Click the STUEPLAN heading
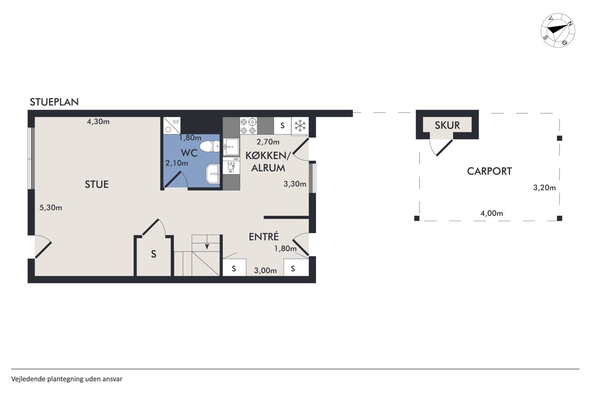point(54,102)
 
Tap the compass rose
point(558,30)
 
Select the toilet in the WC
point(209,147)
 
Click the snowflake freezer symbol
point(300,125)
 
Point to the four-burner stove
point(248,126)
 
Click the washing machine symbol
point(172,125)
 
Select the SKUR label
point(447,125)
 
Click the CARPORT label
point(490,171)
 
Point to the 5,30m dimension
point(51,208)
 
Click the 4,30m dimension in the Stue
point(98,122)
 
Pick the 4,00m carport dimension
point(492,213)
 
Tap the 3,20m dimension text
point(544,188)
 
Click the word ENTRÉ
point(264,237)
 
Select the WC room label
point(189,153)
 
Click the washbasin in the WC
point(213,174)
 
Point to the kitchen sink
point(231,147)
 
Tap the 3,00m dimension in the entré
point(265,270)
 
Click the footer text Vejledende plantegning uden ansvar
point(67,379)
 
